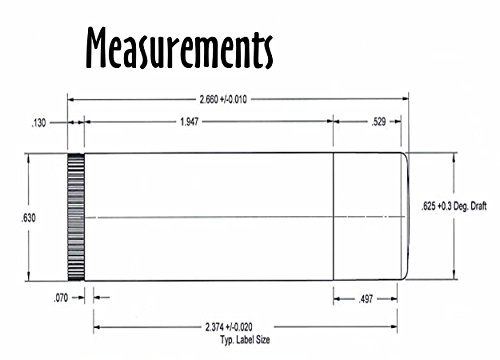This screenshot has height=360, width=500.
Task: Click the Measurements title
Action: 179,48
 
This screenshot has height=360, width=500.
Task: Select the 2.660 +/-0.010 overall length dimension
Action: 223,99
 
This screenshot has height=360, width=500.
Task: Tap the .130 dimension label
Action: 38,123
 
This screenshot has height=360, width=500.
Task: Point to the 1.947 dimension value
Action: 189,122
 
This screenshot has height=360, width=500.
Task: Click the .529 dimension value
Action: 379,122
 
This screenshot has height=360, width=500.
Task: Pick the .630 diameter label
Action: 28,218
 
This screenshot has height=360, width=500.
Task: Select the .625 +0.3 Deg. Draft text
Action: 454,206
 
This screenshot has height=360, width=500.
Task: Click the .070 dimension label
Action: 61,298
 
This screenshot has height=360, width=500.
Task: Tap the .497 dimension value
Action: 366,299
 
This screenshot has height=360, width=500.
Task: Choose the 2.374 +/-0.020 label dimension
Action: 229,327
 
